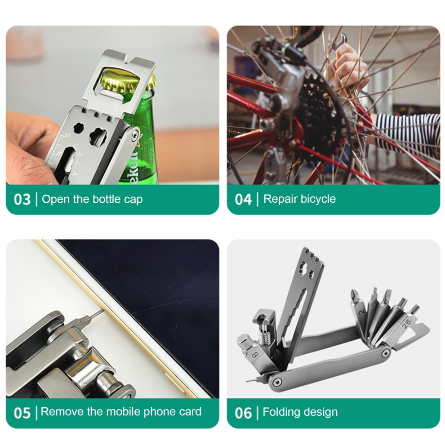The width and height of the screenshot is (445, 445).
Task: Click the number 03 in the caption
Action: (22, 199)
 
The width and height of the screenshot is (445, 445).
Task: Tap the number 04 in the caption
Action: (243, 199)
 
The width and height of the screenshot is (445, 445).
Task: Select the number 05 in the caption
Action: (22, 413)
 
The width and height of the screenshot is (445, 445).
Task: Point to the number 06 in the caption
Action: (243, 413)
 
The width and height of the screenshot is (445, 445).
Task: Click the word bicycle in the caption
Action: (318, 199)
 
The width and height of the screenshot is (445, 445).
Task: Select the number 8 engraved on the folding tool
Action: (255, 355)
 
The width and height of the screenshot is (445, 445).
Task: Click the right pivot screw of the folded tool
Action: (385, 353)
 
